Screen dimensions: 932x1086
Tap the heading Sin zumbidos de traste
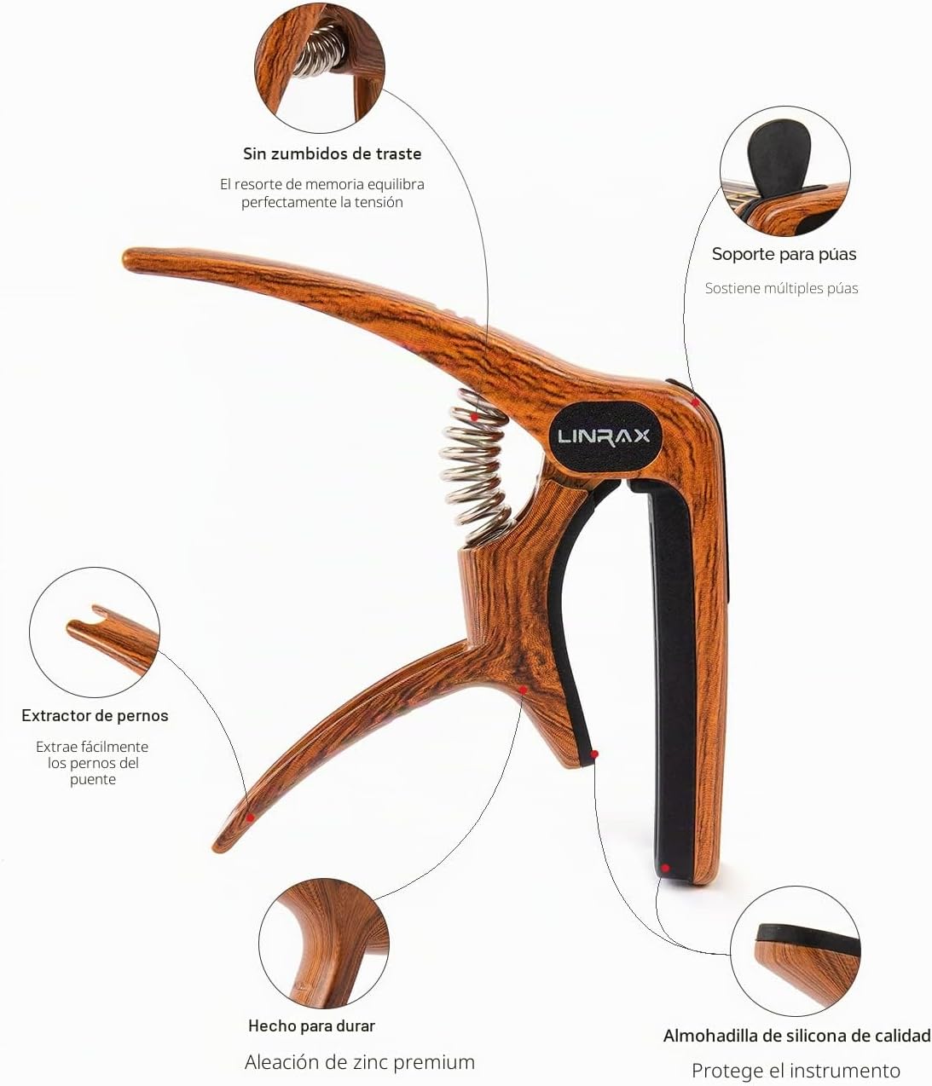[333, 154]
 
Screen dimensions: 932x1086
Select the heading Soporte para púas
[784, 254]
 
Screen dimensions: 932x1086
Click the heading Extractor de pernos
[95, 715]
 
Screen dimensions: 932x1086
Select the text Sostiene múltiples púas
[781, 288]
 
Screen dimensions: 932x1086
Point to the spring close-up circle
[320, 68]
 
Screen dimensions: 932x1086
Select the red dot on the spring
[474, 417]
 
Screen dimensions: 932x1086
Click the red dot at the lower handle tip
[251, 817]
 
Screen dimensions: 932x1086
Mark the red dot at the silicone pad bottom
[665, 868]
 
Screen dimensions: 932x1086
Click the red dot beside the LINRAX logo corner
[695, 403]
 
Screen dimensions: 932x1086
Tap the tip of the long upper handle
[126, 258]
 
